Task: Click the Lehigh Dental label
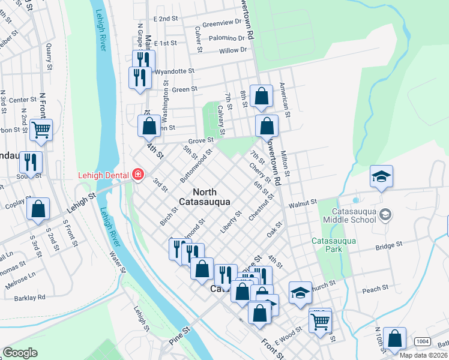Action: pyautogui.click(x=104, y=175)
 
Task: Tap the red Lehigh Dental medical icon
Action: pyautogui.click(x=138, y=175)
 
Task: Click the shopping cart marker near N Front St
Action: pyautogui.click(x=41, y=128)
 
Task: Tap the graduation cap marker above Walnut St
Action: pyautogui.click(x=381, y=176)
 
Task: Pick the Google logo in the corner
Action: pyautogui.click(x=20, y=353)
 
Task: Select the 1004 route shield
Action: pyautogui.click(x=423, y=341)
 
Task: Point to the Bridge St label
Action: pyautogui.click(x=389, y=245)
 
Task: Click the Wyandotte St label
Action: pyautogui.click(x=175, y=71)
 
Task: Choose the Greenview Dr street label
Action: pyautogui.click(x=221, y=23)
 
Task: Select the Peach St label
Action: pyautogui.click(x=375, y=290)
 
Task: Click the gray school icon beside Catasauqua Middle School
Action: pyautogui.click(x=386, y=214)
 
